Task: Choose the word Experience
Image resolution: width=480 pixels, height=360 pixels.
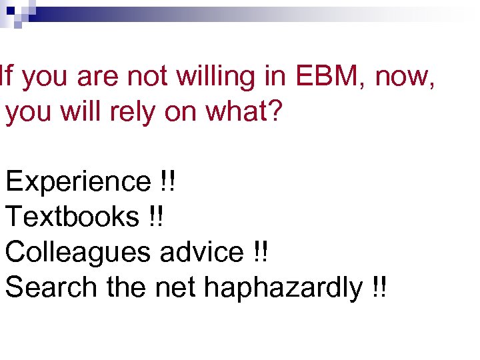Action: pos(78,181)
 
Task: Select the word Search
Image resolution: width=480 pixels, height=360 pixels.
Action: pos(51,287)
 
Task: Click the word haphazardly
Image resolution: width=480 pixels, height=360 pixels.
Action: pos(283,287)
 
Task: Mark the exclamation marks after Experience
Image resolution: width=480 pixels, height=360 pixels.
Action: pos(167,181)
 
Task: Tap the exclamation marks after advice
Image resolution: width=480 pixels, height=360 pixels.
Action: pos(262,252)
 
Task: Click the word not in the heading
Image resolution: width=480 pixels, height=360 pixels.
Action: pos(147,77)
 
